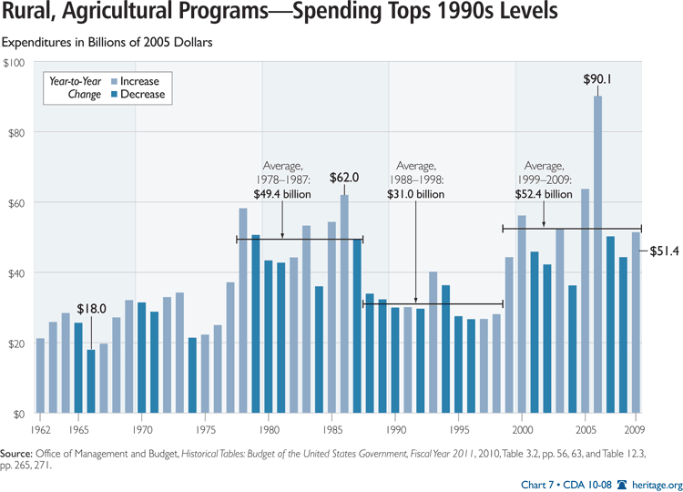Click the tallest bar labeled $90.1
597,255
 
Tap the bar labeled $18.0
91,382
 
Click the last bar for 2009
636,323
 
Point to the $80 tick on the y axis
17,132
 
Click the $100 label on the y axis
15,62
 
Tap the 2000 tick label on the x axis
522,427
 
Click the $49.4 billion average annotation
281,194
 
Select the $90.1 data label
597,79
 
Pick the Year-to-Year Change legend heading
74,87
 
